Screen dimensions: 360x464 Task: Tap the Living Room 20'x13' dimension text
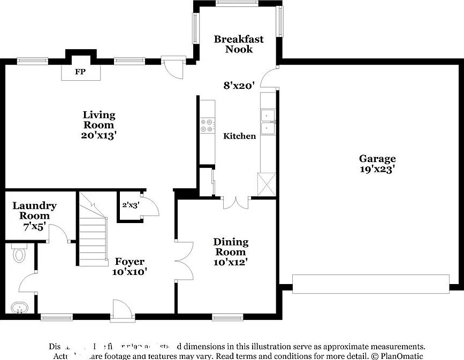point(99,135)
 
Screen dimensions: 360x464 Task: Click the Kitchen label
point(239,136)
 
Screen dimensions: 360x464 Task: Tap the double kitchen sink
point(267,122)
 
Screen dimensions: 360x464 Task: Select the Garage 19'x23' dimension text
point(377,169)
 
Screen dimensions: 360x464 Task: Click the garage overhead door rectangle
point(370,284)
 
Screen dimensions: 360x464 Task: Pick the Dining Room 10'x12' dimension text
point(230,262)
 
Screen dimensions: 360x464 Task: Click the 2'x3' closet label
point(131,204)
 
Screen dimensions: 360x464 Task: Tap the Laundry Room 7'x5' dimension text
point(34,226)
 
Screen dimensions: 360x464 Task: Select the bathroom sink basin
point(19,308)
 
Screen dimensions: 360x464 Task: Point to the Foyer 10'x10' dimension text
point(130,271)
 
